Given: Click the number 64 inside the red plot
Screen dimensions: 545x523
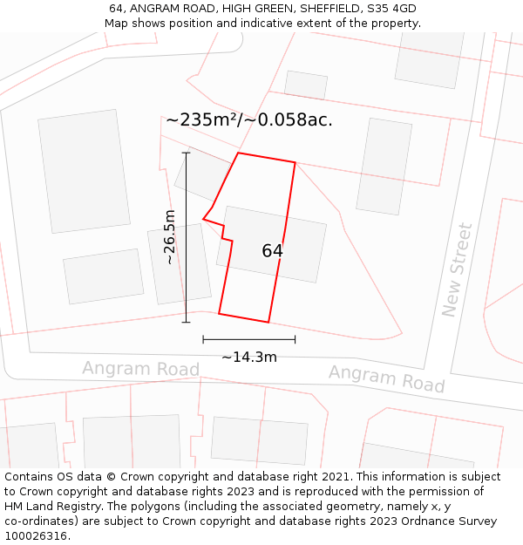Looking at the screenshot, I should click(272, 251).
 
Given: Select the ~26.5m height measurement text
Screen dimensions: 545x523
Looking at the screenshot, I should click(170, 237).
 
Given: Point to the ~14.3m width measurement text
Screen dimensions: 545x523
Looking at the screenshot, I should click(248, 357).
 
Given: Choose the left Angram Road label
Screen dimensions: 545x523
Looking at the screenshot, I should click(140, 369).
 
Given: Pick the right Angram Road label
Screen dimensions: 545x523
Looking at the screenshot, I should click(386, 378).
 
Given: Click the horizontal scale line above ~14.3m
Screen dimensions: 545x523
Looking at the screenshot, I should click(248, 339).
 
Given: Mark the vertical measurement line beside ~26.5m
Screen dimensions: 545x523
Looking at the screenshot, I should click(186, 237).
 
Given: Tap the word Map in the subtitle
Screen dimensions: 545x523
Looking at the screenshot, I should click(116, 24).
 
